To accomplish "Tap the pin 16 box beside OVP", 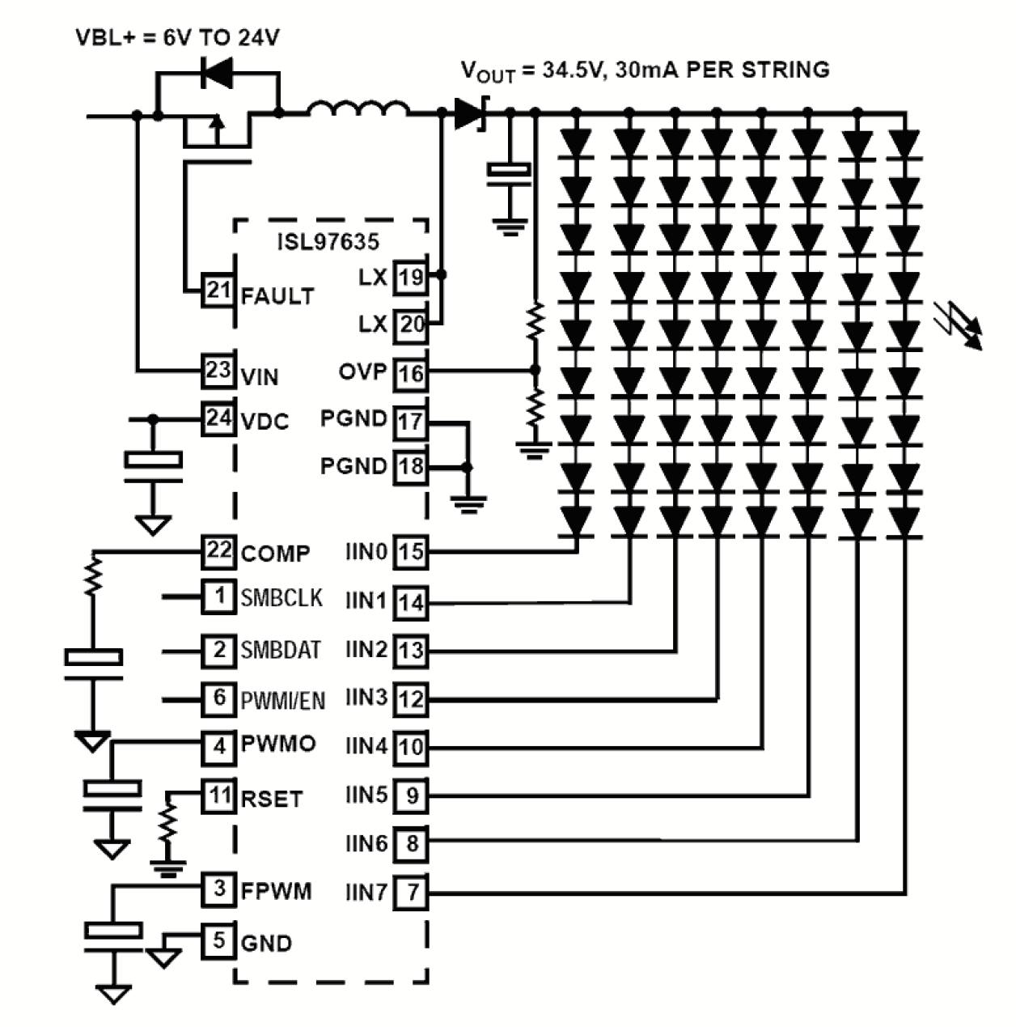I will (x=411, y=373).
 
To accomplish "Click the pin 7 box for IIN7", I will (x=412, y=893).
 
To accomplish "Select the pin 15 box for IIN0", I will (x=411, y=552).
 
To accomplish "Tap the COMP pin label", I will (x=275, y=554).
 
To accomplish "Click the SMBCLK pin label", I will (x=282, y=598).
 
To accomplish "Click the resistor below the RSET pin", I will (x=168, y=824).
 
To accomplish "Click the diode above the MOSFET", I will (x=216, y=74).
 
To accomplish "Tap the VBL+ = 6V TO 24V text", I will (x=177, y=37).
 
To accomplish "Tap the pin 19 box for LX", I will (x=411, y=278).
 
